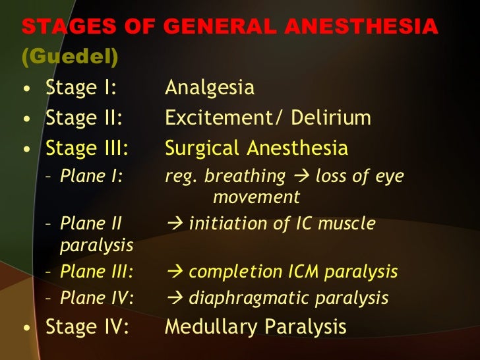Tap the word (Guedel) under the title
pyautogui.click(x=70, y=57)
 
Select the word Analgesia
pyautogui.click(x=209, y=88)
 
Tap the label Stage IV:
pyautogui.click(x=87, y=326)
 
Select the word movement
pyautogui.click(x=256, y=196)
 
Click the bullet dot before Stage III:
pyautogui.click(x=26, y=150)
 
